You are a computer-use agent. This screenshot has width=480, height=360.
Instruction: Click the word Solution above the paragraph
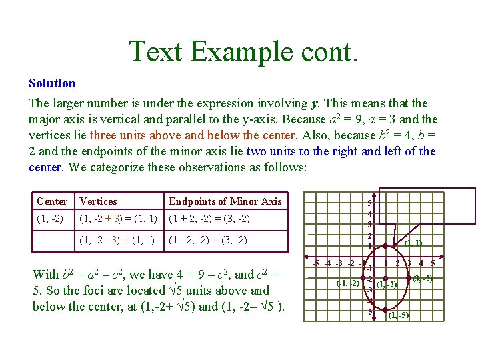[x=52, y=83]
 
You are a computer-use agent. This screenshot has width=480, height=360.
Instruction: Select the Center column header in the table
[x=52, y=201]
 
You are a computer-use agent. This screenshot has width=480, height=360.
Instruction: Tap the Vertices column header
[x=98, y=201]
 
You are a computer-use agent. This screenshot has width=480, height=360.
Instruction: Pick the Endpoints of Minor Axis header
[x=225, y=201]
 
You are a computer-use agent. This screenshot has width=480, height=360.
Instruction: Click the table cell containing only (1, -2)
[x=51, y=219]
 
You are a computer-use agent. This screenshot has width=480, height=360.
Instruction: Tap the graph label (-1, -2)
[x=347, y=283]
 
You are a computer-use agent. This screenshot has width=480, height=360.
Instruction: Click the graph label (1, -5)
[x=399, y=315]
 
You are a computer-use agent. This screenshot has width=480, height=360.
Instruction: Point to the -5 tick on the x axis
[x=316, y=262]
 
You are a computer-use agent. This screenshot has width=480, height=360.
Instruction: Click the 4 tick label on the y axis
[x=369, y=213]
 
